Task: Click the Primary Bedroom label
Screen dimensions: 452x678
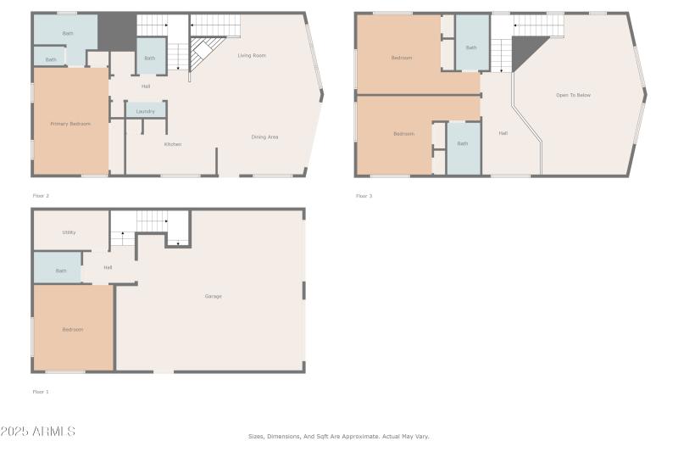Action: (70, 124)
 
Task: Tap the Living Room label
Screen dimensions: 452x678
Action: (252, 56)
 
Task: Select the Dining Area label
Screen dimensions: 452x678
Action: (264, 137)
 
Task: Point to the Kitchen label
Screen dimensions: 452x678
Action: (173, 144)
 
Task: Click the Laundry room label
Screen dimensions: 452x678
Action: (145, 111)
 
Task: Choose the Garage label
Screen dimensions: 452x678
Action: (213, 296)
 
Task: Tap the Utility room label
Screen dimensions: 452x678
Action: (69, 232)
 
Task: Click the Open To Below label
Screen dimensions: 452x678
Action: (573, 95)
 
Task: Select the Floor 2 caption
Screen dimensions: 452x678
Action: (41, 196)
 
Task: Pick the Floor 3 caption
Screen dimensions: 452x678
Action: (364, 196)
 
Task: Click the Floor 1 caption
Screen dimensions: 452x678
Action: (41, 392)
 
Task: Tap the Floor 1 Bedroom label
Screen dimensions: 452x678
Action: (73, 329)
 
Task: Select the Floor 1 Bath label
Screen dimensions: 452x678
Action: (61, 271)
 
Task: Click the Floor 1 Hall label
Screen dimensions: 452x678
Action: (108, 268)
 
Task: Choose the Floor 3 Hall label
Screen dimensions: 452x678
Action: (503, 133)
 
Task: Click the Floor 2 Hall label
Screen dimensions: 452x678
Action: (146, 86)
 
